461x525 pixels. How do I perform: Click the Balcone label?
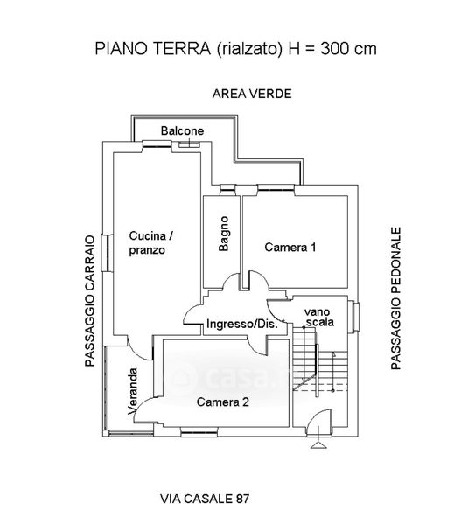click(x=182, y=130)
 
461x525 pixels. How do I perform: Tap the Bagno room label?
click(x=224, y=234)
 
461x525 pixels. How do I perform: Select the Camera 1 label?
click(x=290, y=247)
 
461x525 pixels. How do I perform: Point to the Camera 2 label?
click(x=223, y=402)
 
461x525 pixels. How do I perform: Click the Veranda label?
click(x=133, y=391)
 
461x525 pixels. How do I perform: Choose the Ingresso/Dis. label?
click(x=242, y=324)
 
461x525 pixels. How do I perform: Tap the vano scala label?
click(x=318, y=317)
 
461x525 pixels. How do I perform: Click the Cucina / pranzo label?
click(x=151, y=242)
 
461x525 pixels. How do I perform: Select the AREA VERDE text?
click(x=252, y=94)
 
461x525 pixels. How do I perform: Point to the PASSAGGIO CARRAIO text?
click(x=90, y=301)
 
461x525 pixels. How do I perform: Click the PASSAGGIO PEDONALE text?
click(x=395, y=298)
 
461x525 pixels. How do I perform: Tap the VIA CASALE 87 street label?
click(x=205, y=499)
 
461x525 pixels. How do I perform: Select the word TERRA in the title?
click(x=181, y=49)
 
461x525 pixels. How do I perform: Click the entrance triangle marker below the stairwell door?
click(x=318, y=445)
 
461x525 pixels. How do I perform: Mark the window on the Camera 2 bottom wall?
click(x=199, y=432)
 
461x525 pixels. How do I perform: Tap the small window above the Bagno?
click(x=227, y=190)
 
